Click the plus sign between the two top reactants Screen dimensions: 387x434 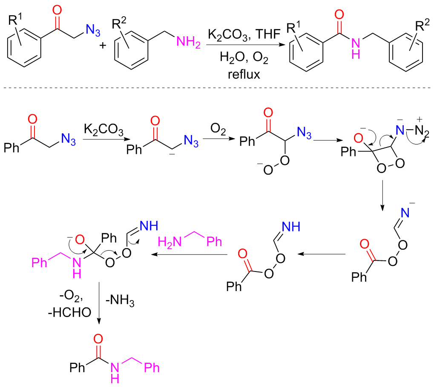pos(102,45)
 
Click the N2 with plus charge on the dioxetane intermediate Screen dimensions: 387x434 pos(419,131)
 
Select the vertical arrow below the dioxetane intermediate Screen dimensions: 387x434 pos(382,195)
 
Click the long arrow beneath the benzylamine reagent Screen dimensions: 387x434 pos(190,255)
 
